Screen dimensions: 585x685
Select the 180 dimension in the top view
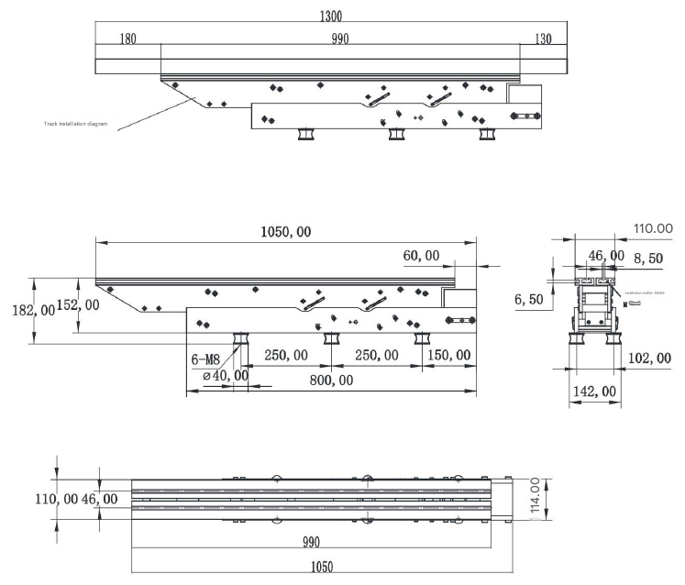(x=129, y=39)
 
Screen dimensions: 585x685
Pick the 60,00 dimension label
(x=420, y=256)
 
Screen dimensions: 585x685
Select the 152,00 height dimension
(x=79, y=304)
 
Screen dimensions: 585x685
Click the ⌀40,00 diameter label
(x=224, y=374)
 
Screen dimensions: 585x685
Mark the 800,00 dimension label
(x=332, y=379)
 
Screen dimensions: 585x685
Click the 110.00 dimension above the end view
(x=651, y=228)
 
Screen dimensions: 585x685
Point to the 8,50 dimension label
(x=649, y=259)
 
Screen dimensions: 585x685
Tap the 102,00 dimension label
(x=650, y=358)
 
